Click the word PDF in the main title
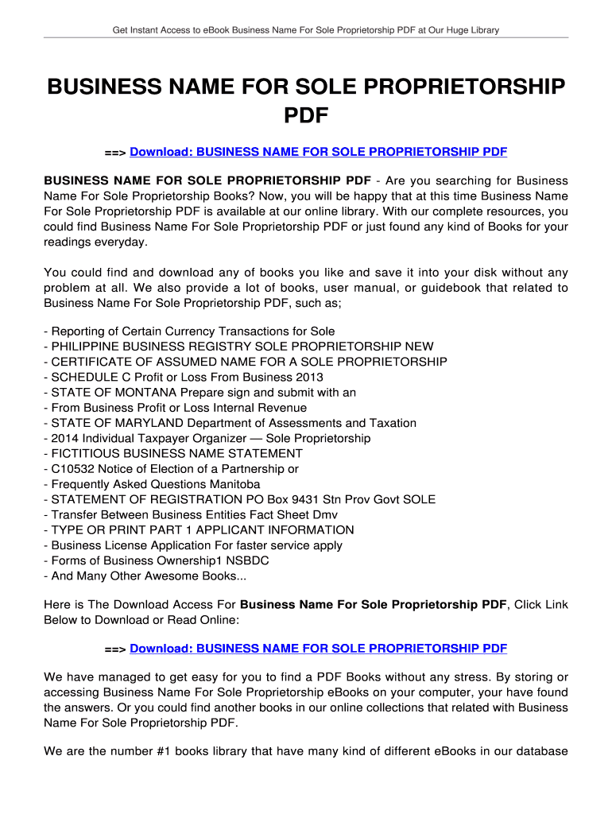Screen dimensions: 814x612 pos(306,116)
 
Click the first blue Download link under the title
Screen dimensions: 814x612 pos(318,151)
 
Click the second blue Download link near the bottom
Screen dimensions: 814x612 pos(318,649)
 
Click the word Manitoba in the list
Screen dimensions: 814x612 pos(234,484)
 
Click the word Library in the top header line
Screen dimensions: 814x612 pos(482,30)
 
